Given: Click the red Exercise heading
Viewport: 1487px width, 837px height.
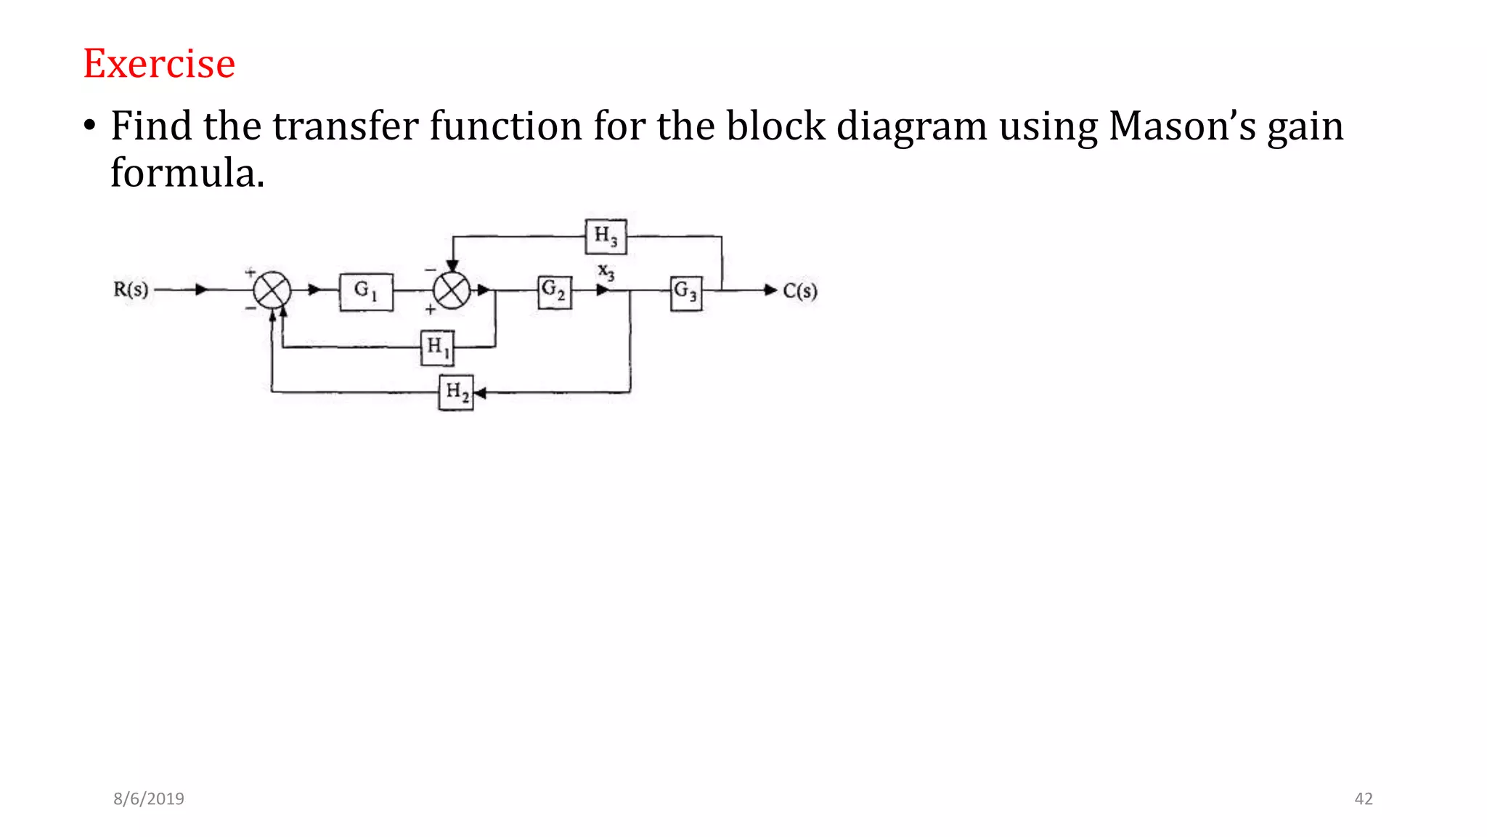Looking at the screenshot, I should click(x=159, y=64).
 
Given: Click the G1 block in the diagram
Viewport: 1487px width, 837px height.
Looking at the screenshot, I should click(x=366, y=291).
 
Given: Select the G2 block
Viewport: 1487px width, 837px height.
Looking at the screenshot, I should click(x=555, y=291).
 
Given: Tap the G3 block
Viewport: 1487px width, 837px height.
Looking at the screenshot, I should click(x=686, y=293).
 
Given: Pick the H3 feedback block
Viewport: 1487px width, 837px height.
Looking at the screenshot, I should click(x=606, y=236).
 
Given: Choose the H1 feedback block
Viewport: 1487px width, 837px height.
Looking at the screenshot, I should click(x=438, y=347).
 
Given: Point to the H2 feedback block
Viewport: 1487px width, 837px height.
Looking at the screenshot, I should click(x=456, y=392).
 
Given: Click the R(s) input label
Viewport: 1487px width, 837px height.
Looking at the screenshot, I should click(x=131, y=290).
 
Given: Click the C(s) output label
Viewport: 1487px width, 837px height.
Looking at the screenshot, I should click(x=799, y=291).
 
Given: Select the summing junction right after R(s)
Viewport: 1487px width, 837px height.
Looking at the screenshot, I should click(x=272, y=291).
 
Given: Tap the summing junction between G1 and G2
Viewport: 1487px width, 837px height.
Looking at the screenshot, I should click(x=452, y=291).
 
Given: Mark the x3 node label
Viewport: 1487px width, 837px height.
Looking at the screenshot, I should click(x=606, y=272).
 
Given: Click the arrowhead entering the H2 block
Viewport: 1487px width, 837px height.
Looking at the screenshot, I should click(x=480, y=392).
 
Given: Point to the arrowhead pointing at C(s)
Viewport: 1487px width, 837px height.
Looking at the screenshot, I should click(x=770, y=290).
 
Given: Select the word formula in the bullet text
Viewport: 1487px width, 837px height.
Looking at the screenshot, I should click(x=187, y=174).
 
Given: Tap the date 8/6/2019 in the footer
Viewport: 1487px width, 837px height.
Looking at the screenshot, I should click(x=149, y=798).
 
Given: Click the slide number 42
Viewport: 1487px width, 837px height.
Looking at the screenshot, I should click(x=1364, y=798).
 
